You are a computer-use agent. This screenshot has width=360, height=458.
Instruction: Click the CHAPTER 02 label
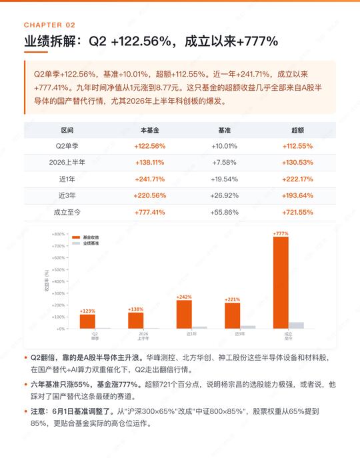click(x=50, y=25)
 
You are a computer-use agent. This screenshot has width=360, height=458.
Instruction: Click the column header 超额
click(x=297, y=130)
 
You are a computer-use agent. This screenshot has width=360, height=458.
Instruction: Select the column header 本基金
click(x=149, y=130)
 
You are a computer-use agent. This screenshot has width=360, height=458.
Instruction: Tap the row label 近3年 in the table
click(x=67, y=195)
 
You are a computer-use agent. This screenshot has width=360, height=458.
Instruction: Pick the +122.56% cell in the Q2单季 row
click(x=149, y=146)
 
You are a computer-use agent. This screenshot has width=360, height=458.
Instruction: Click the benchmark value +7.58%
click(x=225, y=163)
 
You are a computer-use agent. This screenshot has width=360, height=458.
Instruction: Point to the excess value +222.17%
click(x=297, y=179)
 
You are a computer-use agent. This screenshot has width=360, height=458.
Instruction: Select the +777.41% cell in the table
click(x=149, y=213)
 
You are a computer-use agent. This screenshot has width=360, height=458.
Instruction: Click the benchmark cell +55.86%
click(x=225, y=213)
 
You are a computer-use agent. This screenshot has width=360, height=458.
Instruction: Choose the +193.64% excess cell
click(x=297, y=195)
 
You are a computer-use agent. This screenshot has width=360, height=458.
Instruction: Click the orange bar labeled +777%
click(x=281, y=283)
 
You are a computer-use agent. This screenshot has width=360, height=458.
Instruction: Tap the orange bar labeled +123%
click(x=87, y=321)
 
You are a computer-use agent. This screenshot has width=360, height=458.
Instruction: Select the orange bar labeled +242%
click(x=184, y=314)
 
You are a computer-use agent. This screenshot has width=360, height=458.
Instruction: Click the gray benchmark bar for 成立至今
click(x=296, y=325)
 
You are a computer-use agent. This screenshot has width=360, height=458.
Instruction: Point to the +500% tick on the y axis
click(x=59, y=269)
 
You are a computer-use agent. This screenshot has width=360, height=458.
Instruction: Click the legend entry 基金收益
click(x=85, y=237)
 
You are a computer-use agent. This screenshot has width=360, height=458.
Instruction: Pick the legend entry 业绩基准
click(x=85, y=243)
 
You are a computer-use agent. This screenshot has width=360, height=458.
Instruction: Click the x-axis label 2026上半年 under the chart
click(x=143, y=336)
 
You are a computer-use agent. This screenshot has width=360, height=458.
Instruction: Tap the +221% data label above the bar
click(x=232, y=299)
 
